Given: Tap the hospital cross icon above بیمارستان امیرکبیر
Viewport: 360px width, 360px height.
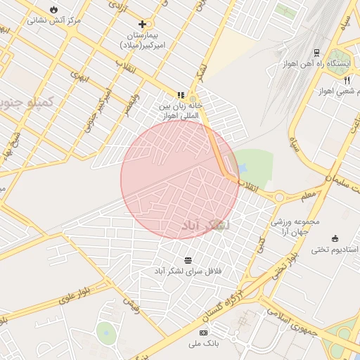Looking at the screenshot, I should click(x=143, y=24).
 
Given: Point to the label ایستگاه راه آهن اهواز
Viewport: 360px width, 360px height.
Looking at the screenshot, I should click(x=309, y=64).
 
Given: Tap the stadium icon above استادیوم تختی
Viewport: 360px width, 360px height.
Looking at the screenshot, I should click(x=335, y=238).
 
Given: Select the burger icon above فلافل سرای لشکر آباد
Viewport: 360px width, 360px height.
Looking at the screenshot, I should click(x=187, y=259).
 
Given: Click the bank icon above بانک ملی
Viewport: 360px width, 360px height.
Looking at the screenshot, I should click(x=204, y=332).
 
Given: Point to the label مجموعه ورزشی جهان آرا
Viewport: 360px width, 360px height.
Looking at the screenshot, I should click(x=295, y=226).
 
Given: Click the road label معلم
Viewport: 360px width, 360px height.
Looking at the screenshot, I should click(x=307, y=193).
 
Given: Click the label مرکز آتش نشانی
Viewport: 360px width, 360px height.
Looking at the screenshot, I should click(x=54, y=20).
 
